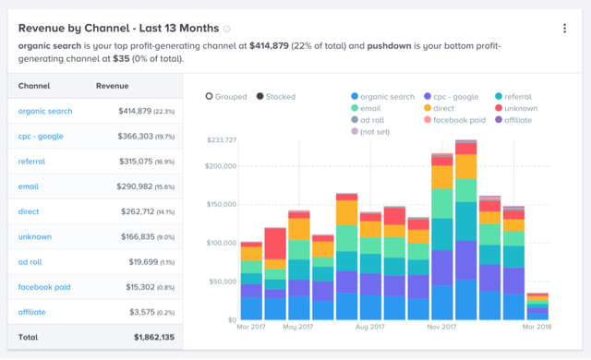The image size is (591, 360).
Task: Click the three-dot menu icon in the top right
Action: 564,29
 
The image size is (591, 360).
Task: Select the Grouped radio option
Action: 226,97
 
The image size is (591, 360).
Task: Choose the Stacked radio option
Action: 276,97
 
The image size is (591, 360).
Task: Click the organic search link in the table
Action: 44,112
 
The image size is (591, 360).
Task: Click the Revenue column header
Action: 112,87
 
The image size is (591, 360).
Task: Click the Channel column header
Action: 33,87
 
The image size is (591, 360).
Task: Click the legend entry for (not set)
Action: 374,132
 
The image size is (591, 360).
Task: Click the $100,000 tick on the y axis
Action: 220,244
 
